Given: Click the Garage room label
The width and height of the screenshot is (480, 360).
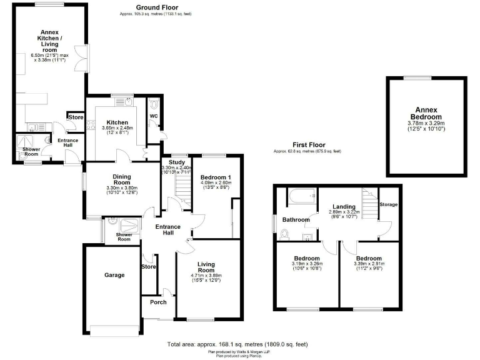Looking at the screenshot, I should [114, 275].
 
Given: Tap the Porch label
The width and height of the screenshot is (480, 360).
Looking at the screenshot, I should [158, 303].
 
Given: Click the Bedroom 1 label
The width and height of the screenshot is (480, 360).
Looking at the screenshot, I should [214, 177].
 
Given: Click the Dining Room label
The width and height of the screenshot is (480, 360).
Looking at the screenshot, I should [121, 180].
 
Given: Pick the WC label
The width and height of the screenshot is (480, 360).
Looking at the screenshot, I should [154, 116].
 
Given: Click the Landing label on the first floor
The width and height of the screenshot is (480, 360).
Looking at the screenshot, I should [344, 207].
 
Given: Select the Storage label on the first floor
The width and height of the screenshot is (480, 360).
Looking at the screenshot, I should [389, 205].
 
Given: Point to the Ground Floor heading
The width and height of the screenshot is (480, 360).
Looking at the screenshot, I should [146, 7].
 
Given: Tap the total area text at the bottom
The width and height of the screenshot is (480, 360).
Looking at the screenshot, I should [237, 344].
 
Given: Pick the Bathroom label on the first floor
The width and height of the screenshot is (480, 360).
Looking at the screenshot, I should [296, 219].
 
